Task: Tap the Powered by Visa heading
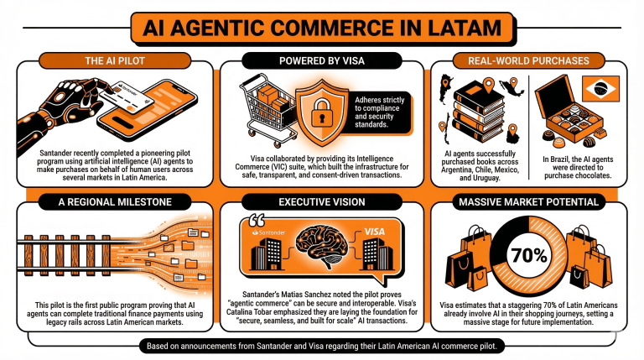[321, 60]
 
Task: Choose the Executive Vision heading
[321, 202]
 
